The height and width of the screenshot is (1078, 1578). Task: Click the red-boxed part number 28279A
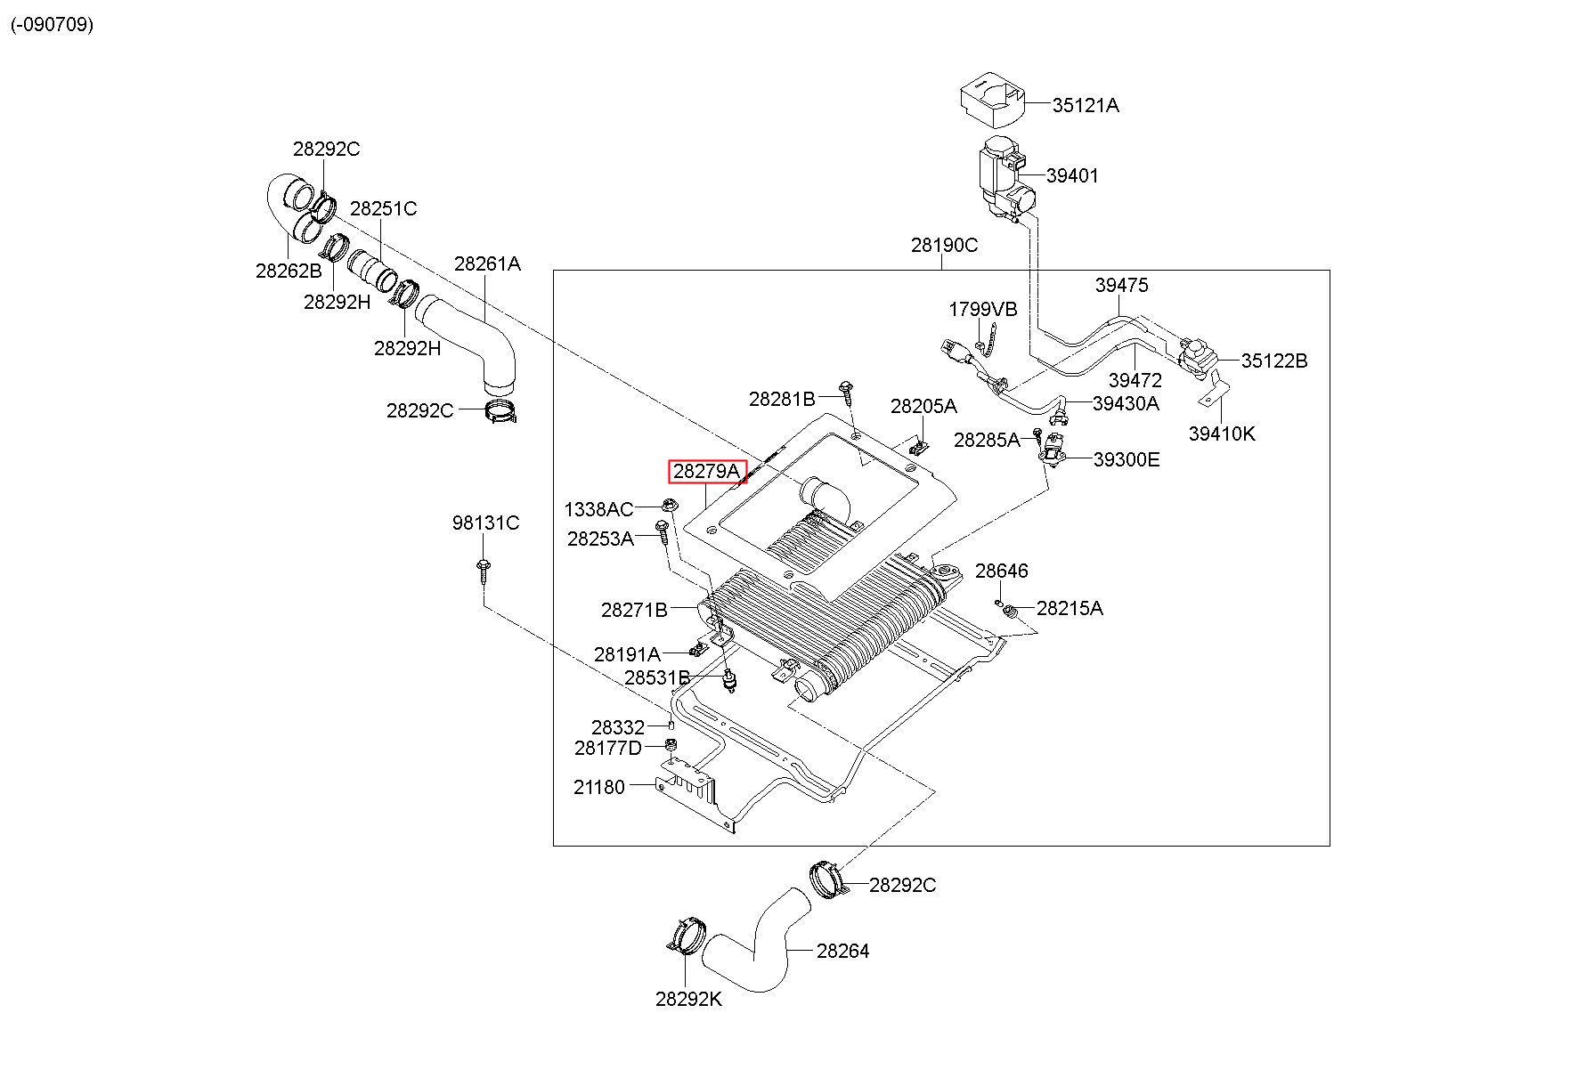[707, 471]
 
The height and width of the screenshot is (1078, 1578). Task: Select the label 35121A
[1086, 105]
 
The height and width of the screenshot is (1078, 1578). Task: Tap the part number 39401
[1072, 175]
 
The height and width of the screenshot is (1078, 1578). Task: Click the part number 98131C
[485, 523]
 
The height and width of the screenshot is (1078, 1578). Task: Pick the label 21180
[599, 787]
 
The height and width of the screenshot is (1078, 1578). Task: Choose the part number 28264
[842, 951]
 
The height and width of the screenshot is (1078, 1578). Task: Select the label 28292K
[689, 999]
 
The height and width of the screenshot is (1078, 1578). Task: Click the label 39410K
[1222, 434]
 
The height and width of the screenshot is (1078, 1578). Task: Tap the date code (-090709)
[52, 24]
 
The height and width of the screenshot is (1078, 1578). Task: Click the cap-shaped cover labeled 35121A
[992, 103]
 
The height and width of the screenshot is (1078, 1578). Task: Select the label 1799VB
[982, 309]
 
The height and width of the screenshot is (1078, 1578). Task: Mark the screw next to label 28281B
[846, 393]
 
